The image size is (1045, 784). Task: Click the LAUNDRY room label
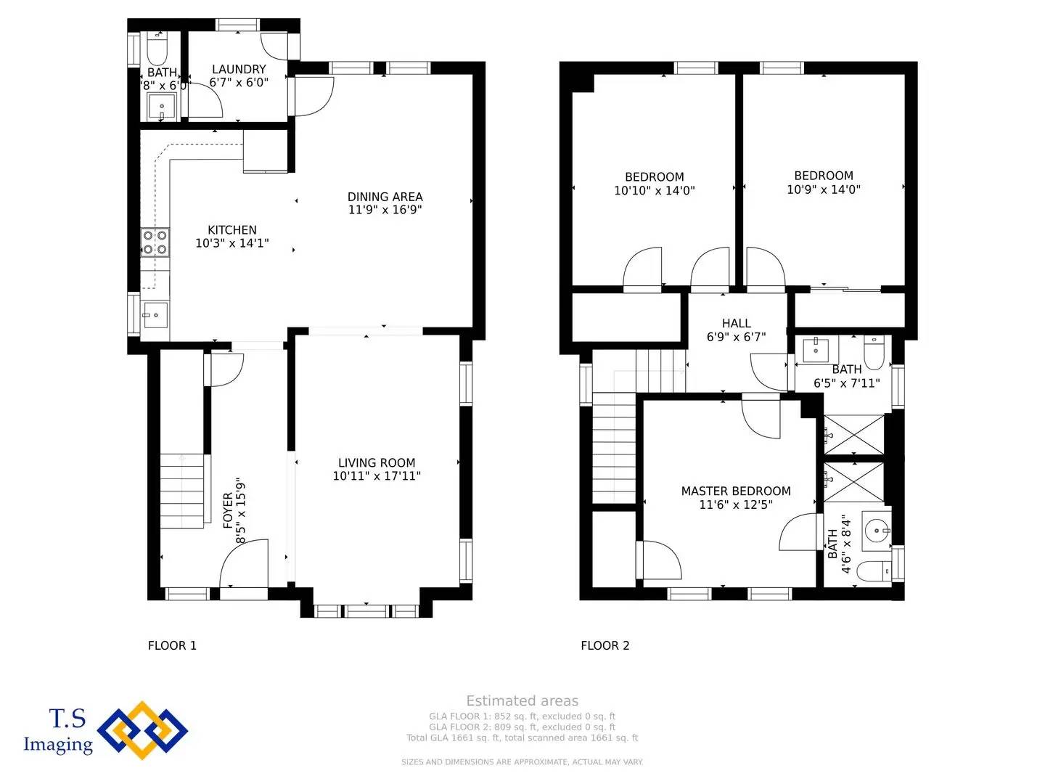click(x=239, y=70)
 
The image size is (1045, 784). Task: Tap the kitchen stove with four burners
click(x=155, y=242)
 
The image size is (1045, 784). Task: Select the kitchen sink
click(x=155, y=315)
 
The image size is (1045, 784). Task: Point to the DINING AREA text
click(x=385, y=197)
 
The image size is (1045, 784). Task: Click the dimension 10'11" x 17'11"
click(x=377, y=476)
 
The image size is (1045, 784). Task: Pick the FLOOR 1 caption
click(x=172, y=645)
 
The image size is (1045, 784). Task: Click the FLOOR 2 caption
click(x=605, y=645)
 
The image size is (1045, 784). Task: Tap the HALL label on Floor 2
click(x=736, y=324)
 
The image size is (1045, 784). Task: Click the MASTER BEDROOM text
click(x=736, y=491)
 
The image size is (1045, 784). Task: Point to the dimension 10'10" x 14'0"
click(x=654, y=191)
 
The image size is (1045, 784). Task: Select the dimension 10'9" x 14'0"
click(x=824, y=189)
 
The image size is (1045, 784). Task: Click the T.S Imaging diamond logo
click(x=142, y=730)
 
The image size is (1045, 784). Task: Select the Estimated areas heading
click(x=522, y=701)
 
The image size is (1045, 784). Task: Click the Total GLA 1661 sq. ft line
click(x=522, y=738)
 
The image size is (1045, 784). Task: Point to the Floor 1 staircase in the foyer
click(x=182, y=491)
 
